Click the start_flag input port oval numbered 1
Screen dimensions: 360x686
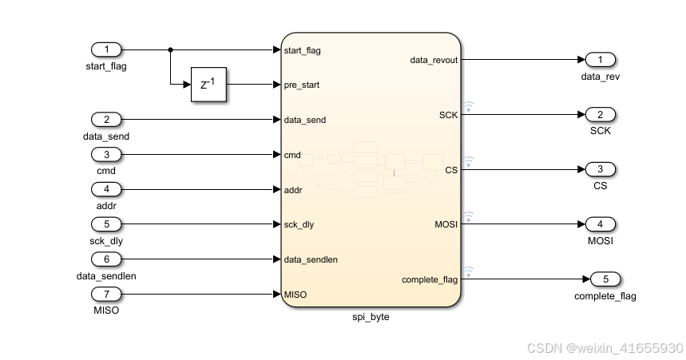tap(106, 49)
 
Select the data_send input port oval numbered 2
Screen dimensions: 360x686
tap(106, 120)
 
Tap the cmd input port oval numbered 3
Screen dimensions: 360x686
tap(106, 155)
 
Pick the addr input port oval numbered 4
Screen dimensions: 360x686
tap(106, 190)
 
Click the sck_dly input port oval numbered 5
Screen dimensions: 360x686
tap(106, 224)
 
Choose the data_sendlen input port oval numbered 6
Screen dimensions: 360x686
tap(106, 259)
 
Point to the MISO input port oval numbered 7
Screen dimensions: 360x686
tap(106, 295)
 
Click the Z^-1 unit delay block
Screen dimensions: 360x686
tap(208, 85)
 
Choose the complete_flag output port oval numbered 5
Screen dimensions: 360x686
tap(605, 279)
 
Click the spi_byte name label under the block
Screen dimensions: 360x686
tap(371, 317)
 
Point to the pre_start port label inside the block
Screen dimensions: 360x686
tap(303, 85)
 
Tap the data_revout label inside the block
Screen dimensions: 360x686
tap(434, 60)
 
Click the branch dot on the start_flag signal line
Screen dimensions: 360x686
tap(171, 49)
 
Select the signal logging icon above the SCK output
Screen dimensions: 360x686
tap(469, 105)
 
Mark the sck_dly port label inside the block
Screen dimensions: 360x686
tap(299, 224)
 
